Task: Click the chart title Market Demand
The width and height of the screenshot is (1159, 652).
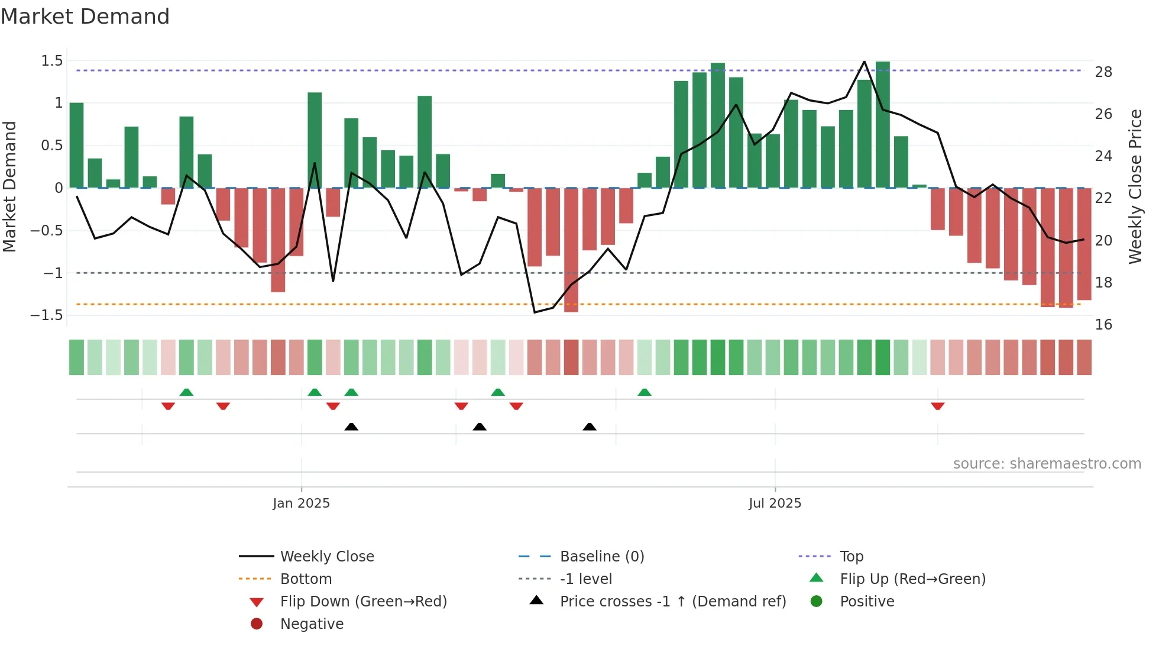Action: pyautogui.click(x=85, y=17)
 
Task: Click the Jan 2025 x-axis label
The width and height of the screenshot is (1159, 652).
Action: pyautogui.click(x=301, y=503)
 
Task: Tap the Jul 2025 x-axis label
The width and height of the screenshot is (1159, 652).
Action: pyautogui.click(x=775, y=503)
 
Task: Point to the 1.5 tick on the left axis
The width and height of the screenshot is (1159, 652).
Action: pyautogui.click(x=52, y=61)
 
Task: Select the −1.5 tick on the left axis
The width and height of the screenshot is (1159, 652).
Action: pyautogui.click(x=47, y=315)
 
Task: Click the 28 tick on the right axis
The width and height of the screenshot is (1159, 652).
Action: pyautogui.click(x=1103, y=72)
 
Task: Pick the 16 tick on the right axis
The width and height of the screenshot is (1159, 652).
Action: pyautogui.click(x=1103, y=325)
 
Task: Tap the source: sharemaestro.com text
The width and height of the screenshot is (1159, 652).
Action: pyautogui.click(x=1047, y=464)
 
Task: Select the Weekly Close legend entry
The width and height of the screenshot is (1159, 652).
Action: pyautogui.click(x=326, y=557)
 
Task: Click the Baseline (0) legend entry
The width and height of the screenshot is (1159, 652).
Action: pyautogui.click(x=601, y=557)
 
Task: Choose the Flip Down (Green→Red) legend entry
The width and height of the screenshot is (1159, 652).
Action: pyautogui.click(x=363, y=602)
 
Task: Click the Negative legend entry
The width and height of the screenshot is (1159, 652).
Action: pyautogui.click(x=311, y=624)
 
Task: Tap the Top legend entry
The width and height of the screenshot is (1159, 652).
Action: pyautogui.click(x=852, y=557)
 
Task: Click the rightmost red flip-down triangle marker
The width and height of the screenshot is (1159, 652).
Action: pyautogui.click(x=937, y=406)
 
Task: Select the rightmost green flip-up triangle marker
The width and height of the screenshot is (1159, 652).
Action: pyautogui.click(x=645, y=392)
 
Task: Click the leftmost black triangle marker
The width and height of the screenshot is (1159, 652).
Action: pyautogui.click(x=351, y=427)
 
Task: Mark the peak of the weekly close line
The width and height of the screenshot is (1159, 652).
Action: pyautogui.click(x=865, y=62)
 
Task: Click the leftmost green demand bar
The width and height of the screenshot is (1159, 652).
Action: pyautogui.click(x=76, y=145)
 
